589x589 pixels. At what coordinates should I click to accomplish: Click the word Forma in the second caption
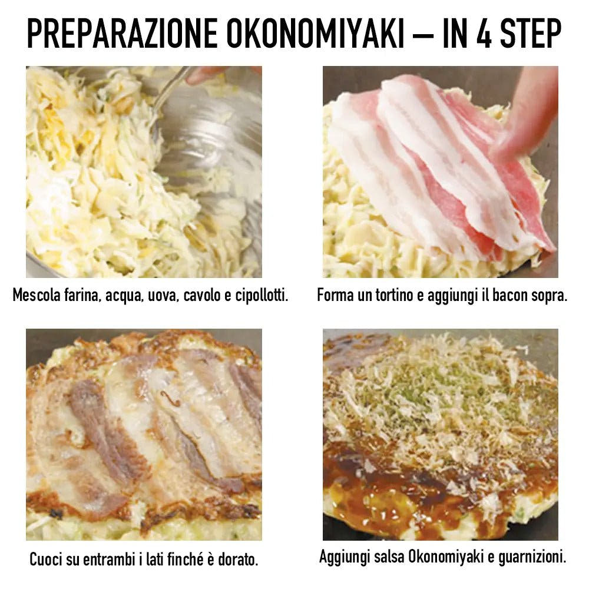click(x=335, y=295)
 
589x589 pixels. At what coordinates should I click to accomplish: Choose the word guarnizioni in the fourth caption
click(x=533, y=557)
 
